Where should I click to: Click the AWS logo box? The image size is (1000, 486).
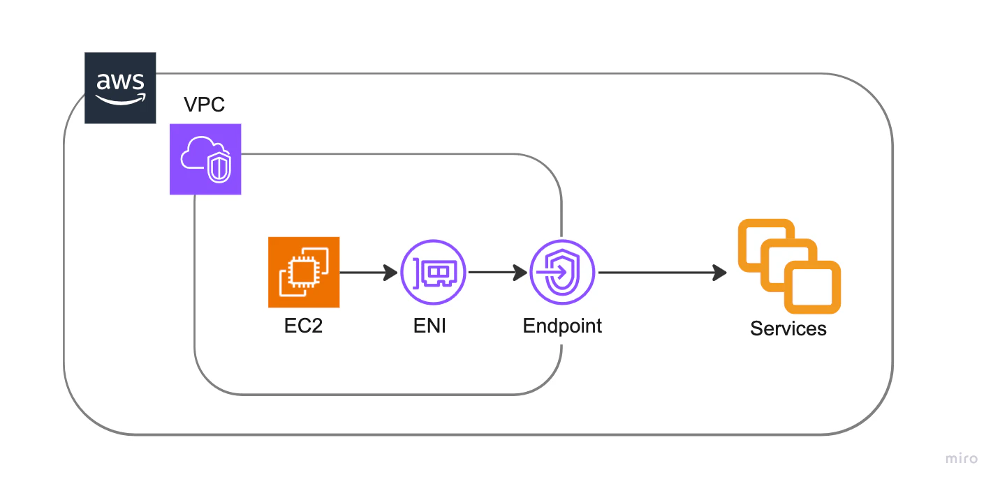point(121,88)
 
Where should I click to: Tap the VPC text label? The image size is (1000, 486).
point(204,105)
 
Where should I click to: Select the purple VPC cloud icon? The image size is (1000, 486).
point(205,159)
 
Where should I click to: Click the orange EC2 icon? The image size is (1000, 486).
point(304,273)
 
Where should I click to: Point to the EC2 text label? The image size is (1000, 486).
point(303,326)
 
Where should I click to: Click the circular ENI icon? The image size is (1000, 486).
point(433,273)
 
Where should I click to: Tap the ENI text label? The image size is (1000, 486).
point(429,326)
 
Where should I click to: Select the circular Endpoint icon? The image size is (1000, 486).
point(562,273)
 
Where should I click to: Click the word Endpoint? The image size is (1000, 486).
point(562,326)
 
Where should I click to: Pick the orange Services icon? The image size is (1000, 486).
point(789,266)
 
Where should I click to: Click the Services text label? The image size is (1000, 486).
point(788,328)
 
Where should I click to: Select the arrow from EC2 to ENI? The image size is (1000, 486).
point(369,273)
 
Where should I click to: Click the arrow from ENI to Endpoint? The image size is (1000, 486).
point(498,273)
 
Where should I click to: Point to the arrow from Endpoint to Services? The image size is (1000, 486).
point(663,273)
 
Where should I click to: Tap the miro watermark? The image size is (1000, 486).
point(962,458)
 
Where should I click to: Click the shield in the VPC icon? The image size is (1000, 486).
point(219,167)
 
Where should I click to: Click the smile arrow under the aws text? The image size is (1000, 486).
point(121,100)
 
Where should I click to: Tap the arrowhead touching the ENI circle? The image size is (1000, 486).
point(390,273)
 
